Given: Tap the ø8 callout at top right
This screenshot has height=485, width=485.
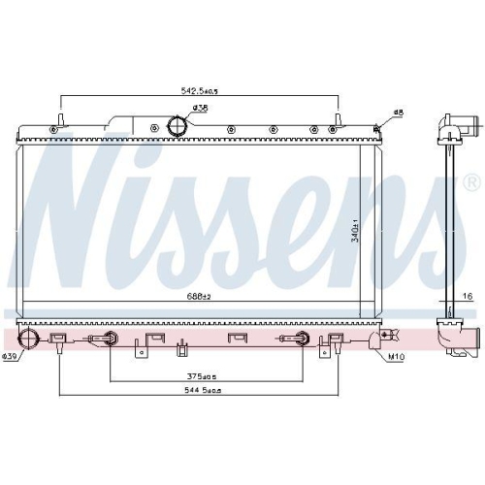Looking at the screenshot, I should point(397,114).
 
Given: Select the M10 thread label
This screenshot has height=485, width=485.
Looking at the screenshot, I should point(396,358).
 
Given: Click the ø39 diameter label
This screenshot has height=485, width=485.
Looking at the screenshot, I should point(12,358).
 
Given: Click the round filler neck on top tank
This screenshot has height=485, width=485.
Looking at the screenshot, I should point(178,126).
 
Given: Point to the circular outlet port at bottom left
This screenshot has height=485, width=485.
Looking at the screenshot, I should point(30,339).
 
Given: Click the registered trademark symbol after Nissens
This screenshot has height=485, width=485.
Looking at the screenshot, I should point(471,181).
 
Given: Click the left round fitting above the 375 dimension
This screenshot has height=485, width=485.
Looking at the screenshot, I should point(112,339).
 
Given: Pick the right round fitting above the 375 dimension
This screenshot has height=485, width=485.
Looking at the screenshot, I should point(301,339).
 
